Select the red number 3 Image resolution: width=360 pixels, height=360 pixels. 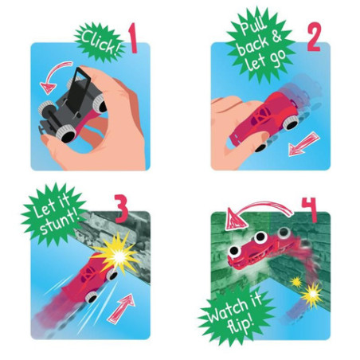(x=122, y=212)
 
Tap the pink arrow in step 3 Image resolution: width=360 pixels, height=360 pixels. (x=120, y=304)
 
